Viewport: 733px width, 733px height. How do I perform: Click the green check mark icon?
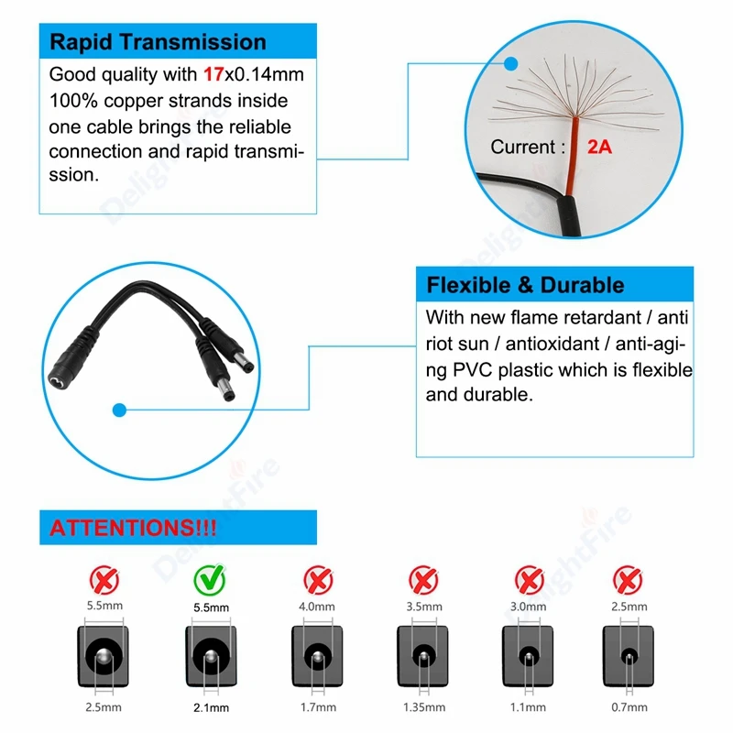pyautogui.click(x=210, y=577)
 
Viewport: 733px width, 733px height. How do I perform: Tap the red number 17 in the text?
pyautogui.click(x=213, y=74)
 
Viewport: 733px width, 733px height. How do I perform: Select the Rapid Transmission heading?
pyautogui.click(x=158, y=42)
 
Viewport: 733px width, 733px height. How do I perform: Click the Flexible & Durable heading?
pyautogui.click(x=525, y=285)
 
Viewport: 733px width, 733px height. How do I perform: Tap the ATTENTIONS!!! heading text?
pyautogui.click(x=131, y=529)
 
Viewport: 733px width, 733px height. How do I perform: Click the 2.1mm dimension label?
pyautogui.click(x=211, y=707)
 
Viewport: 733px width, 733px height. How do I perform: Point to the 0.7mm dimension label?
pyautogui.click(x=629, y=707)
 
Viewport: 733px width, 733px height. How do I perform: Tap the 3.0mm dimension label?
pyautogui.click(x=528, y=607)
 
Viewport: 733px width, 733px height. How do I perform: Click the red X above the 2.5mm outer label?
pyautogui.click(x=628, y=578)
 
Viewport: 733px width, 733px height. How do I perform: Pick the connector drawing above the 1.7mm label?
pyautogui.click(x=317, y=657)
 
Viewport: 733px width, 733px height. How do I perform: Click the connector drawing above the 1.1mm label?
pyautogui.click(x=529, y=657)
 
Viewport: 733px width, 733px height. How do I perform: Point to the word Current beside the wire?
pyautogui.click(x=522, y=147)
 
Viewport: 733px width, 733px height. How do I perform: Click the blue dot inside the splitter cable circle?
pyautogui.click(x=118, y=410)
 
